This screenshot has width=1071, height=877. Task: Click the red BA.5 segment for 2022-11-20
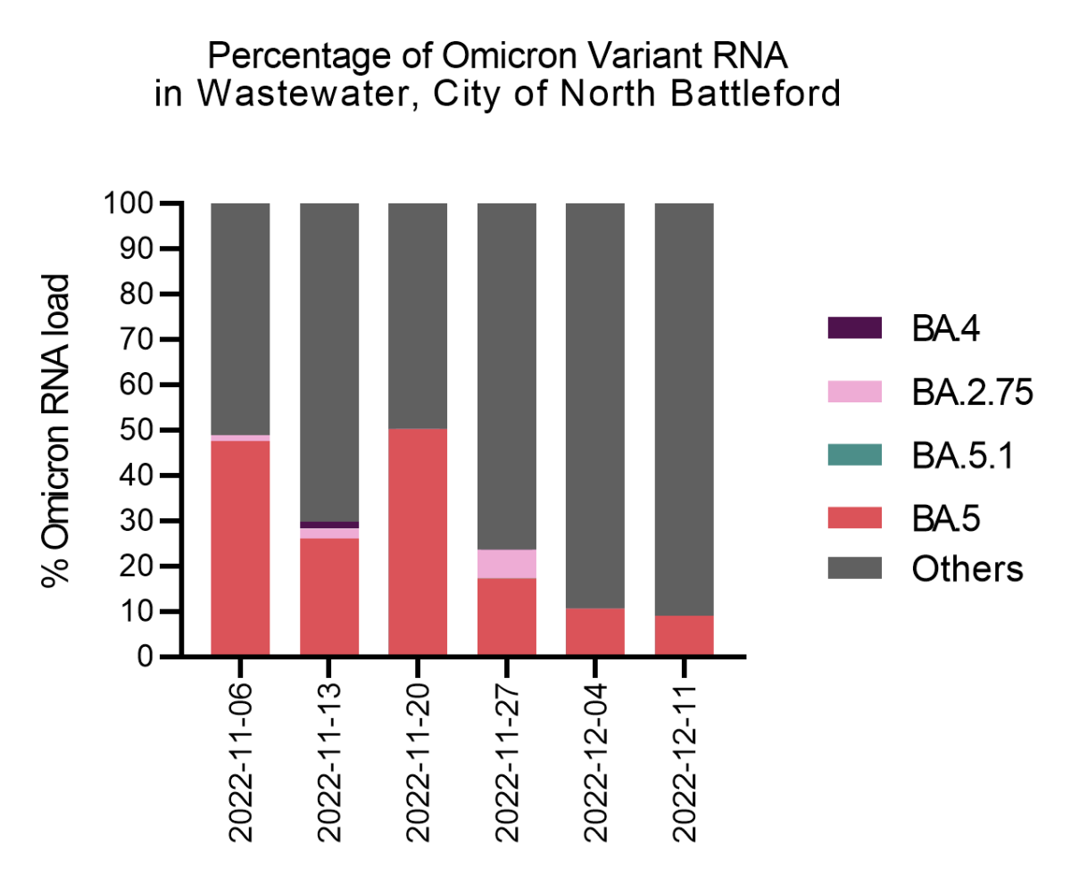coord(418,542)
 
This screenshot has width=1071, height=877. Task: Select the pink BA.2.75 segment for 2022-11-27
coord(506,564)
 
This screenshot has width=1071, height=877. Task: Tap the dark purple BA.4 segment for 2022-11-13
coord(328,525)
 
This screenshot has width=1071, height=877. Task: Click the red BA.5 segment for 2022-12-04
coord(595,633)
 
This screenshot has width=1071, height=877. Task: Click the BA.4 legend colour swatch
coord(854,328)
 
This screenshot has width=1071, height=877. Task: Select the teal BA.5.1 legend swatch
coord(854,453)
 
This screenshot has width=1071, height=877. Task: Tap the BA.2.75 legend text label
coord(972,392)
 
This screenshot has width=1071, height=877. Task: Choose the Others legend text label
coord(967,568)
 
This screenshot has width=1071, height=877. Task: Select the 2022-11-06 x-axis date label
coord(241,764)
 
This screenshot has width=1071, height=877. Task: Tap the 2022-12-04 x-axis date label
coord(596,764)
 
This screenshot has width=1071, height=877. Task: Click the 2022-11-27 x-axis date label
coord(507,764)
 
